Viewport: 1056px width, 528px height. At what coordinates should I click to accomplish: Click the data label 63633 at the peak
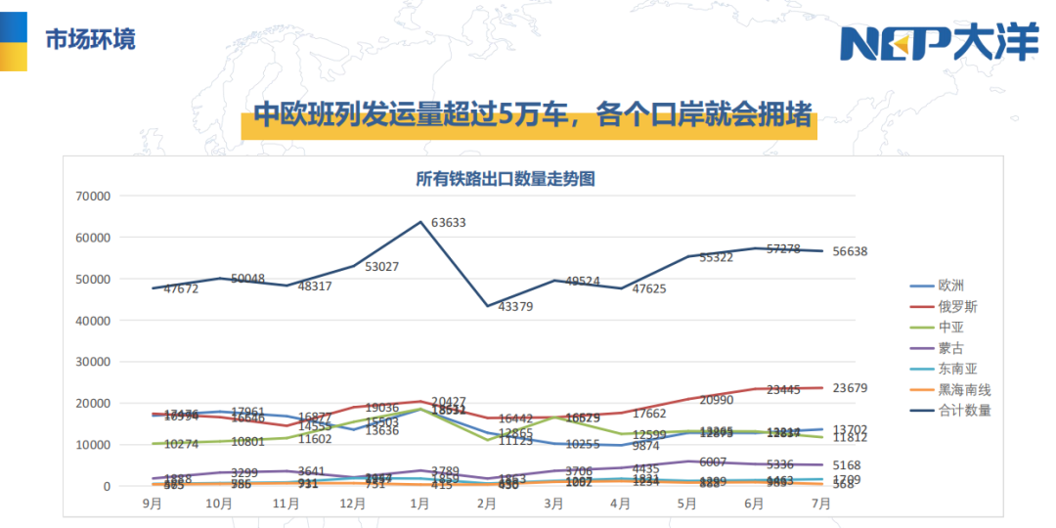[x=446, y=223]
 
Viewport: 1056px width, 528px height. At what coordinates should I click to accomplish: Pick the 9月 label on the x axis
[x=153, y=505]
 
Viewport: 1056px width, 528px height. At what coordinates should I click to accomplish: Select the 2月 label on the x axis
[x=486, y=505]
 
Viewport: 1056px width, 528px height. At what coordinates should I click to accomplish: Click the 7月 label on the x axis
[x=820, y=505]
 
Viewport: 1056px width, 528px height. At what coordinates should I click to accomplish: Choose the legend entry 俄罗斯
[x=957, y=306]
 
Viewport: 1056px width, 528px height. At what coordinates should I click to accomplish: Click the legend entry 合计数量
[x=964, y=410]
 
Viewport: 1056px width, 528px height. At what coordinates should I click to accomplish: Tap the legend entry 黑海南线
[x=964, y=389]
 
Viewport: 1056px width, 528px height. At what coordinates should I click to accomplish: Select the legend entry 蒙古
[x=950, y=347]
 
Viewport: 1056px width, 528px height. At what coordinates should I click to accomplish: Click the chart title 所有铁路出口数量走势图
[x=506, y=179]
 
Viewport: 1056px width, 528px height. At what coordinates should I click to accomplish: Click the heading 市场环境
[x=90, y=40]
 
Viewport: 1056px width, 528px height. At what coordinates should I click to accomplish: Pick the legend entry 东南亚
[x=957, y=369]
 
